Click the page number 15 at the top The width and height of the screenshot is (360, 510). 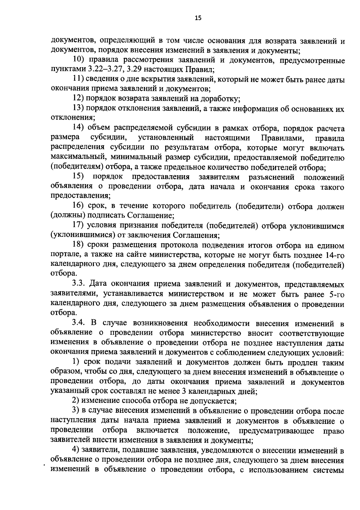[198, 18]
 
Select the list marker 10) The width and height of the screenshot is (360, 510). [79, 60]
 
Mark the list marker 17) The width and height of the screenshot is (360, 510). [79, 225]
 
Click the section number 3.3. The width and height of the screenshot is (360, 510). [79, 284]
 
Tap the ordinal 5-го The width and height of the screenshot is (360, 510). [336, 294]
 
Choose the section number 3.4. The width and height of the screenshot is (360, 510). [79, 323]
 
